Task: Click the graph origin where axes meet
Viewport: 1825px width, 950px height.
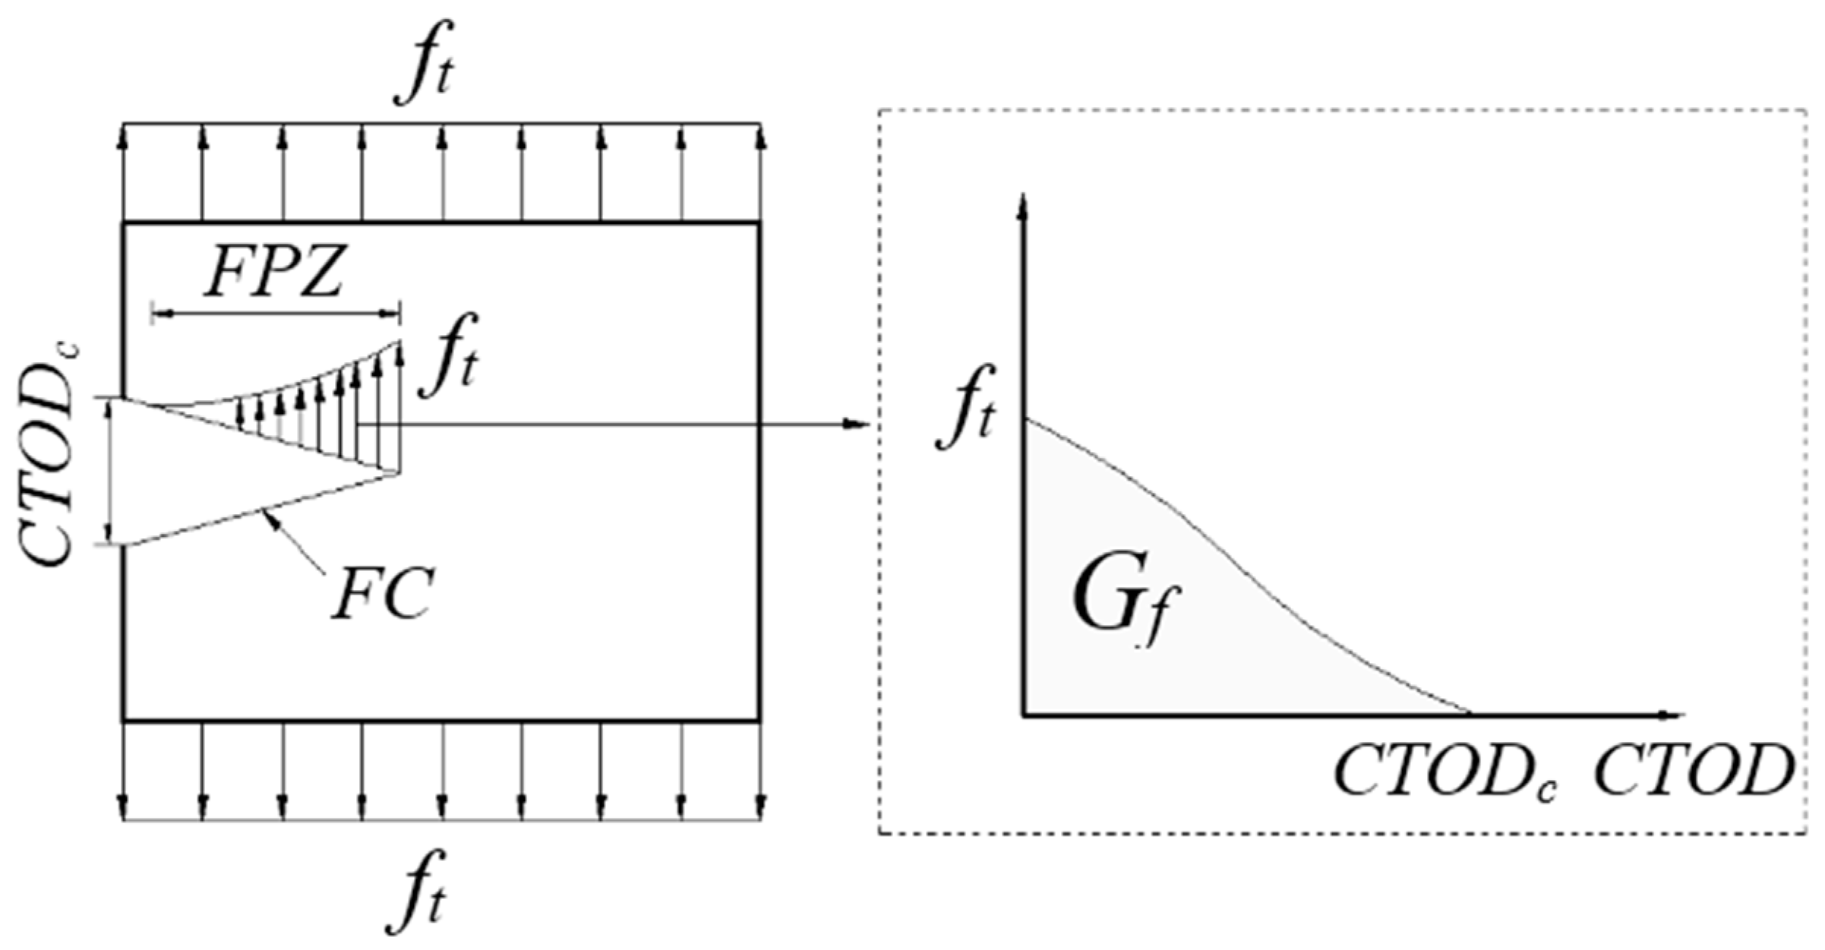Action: click(x=1025, y=715)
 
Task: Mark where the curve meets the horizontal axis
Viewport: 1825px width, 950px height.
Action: click(x=1470, y=714)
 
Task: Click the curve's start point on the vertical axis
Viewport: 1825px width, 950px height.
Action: click(x=1025, y=419)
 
